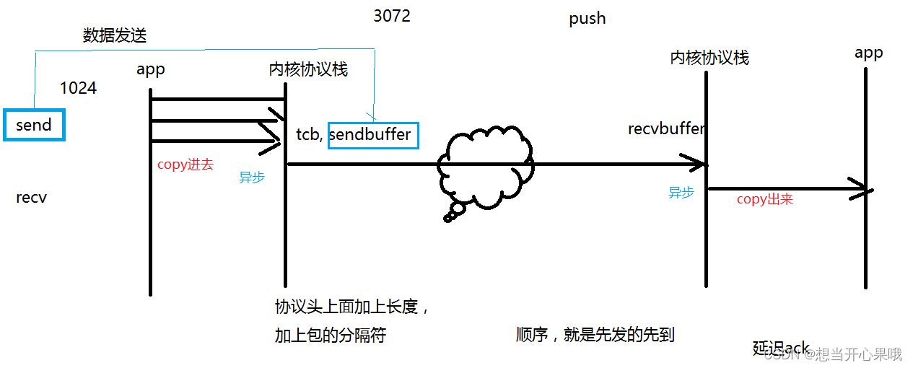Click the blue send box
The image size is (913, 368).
(x=34, y=125)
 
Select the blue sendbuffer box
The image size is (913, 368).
(x=372, y=134)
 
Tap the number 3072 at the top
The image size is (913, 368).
(x=392, y=16)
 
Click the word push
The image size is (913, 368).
(x=587, y=19)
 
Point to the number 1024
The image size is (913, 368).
(x=78, y=88)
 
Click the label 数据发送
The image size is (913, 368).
(x=115, y=35)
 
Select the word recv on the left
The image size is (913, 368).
(x=31, y=197)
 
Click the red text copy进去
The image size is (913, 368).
(x=185, y=165)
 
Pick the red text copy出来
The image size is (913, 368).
(x=764, y=199)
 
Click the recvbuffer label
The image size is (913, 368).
(x=665, y=129)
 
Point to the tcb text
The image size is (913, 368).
(x=310, y=135)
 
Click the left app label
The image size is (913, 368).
(x=150, y=69)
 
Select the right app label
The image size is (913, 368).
(x=868, y=53)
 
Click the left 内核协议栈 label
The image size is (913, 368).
(x=308, y=69)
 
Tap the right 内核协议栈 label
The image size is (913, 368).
(x=709, y=58)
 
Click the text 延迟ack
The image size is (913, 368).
(x=781, y=348)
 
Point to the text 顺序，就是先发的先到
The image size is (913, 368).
(x=595, y=335)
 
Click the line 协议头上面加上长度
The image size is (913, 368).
(x=352, y=307)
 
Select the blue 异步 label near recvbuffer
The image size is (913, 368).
(x=681, y=193)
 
